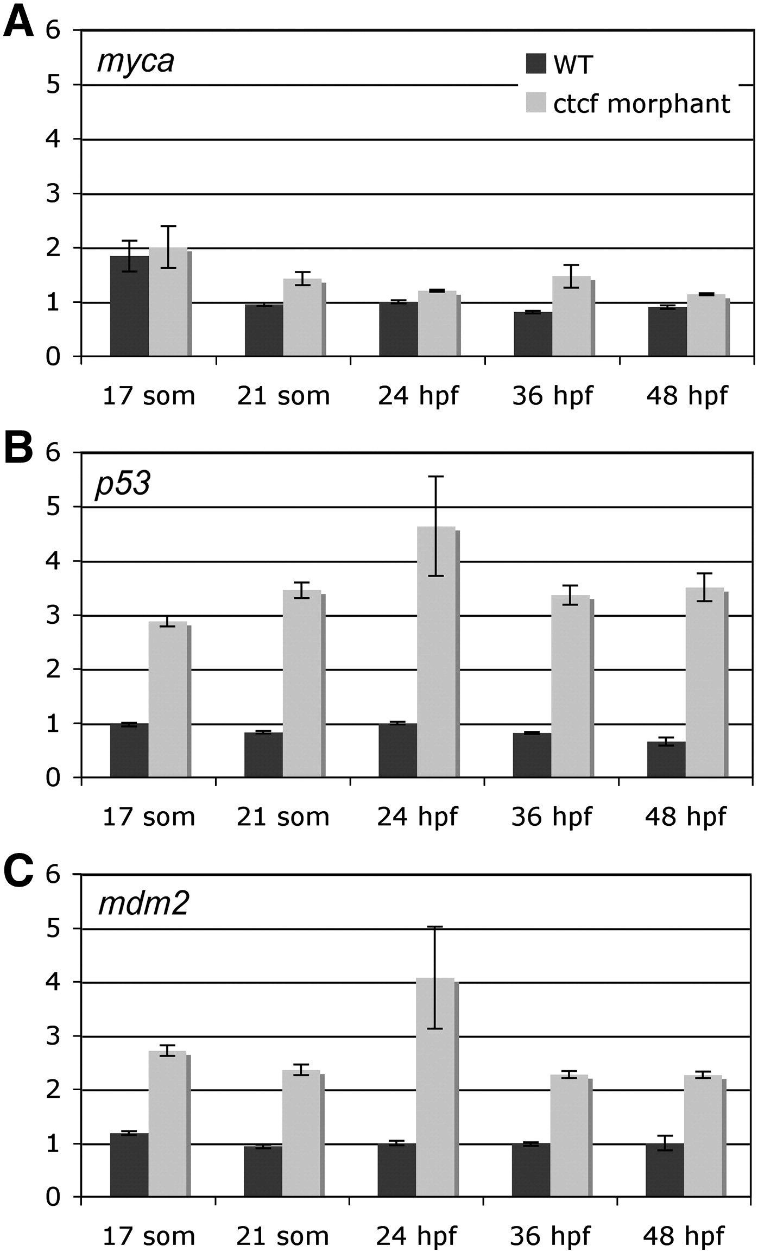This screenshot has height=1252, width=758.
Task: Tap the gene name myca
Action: (136, 61)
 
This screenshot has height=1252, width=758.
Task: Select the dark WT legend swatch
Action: (536, 64)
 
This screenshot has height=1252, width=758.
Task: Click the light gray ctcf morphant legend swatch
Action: (536, 103)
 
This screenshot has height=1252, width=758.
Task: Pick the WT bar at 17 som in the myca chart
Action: (129, 307)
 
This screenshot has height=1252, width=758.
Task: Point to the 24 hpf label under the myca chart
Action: (418, 395)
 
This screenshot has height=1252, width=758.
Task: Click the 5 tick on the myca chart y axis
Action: (53, 85)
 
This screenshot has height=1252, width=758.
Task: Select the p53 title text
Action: (123, 483)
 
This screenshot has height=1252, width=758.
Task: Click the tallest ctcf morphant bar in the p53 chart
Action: (437, 652)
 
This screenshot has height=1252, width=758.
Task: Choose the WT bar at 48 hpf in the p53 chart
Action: (666, 760)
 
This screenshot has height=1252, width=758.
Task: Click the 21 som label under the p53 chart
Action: (283, 817)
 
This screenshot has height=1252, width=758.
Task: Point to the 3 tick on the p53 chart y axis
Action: (53, 615)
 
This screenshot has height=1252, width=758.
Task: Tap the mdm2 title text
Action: (143, 905)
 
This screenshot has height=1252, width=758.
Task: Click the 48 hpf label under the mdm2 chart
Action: (684, 1236)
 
